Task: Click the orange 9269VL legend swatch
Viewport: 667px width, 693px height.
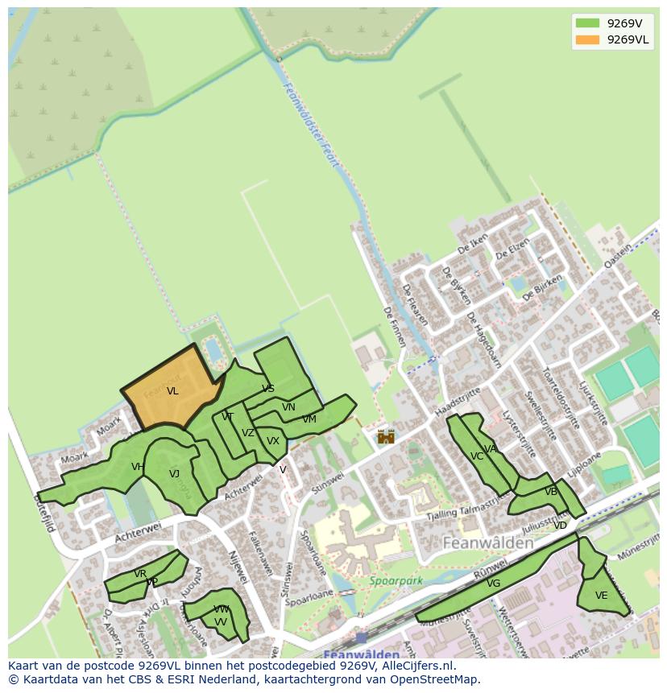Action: (x=588, y=40)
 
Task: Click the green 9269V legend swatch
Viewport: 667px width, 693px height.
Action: (x=588, y=23)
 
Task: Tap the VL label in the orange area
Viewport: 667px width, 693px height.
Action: (x=172, y=391)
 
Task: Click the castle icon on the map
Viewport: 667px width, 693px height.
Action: (x=386, y=436)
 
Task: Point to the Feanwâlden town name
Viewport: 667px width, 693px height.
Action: (x=488, y=543)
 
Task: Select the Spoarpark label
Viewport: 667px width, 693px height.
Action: (x=396, y=580)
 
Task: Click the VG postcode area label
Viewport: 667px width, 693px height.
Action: (x=494, y=584)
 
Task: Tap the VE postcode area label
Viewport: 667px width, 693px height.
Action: (x=601, y=596)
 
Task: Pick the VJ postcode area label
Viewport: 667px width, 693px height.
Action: (x=174, y=473)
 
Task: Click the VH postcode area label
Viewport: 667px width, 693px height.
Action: (x=138, y=467)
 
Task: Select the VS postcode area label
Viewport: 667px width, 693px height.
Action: (x=268, y=389)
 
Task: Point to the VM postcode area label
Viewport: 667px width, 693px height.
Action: (x=309, y=419)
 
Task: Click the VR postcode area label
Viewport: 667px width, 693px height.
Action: (x=140, y=574)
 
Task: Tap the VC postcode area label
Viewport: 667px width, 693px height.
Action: (x=476, y=456)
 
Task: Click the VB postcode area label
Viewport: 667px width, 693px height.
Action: (x=551, y=492)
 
